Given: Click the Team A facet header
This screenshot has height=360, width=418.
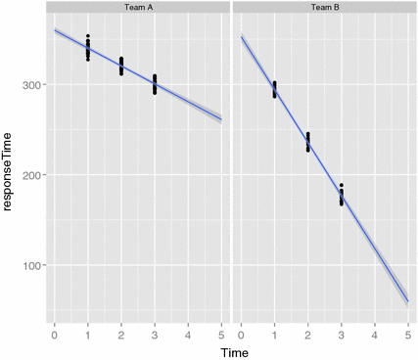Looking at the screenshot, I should coord(137,8).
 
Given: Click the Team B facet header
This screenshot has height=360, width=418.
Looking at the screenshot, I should coord(323,8).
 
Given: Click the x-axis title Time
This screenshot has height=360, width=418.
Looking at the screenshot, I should coord(231,349).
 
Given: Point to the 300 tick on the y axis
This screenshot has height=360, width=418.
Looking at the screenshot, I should coord(33,85).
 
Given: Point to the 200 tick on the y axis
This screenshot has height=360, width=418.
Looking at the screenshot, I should coord(33,175).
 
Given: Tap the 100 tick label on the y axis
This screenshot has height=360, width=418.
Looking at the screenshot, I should coord(33,265).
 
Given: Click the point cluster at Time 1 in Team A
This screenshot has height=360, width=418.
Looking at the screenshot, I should coord(87,47).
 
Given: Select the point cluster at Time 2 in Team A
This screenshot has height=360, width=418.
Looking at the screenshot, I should coord(120,66).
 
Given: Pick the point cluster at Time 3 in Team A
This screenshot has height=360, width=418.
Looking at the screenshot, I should coord(154,84).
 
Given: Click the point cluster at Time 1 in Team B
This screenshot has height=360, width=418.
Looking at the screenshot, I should coord(274,89).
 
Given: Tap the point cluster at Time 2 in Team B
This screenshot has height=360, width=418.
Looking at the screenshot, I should coord(307,142).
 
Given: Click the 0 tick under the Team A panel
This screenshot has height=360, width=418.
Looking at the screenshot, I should coord(54,333).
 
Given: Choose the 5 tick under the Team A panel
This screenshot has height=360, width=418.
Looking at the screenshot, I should coord(221,333).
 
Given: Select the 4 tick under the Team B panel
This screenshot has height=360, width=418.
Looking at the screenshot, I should coord(374,333).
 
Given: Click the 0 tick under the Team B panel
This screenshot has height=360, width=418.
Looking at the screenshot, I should coord(241,333).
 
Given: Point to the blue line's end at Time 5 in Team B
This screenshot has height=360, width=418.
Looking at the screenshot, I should coord(407,301).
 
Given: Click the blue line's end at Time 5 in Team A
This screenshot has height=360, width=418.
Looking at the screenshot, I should coord(221,119).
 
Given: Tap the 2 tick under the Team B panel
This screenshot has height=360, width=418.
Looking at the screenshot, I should coord(307,333).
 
